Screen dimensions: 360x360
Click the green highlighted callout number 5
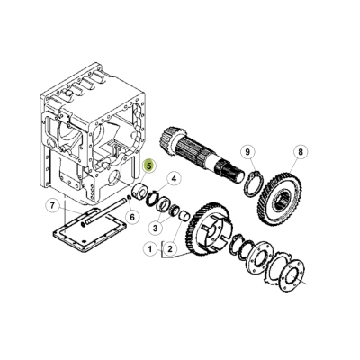tap(149, 166)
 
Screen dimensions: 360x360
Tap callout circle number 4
tap(173, 179)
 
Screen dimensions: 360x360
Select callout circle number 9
tap(247, 152)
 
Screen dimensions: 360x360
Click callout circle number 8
tap(301, 152)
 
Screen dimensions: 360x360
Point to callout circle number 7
tap(52, 206)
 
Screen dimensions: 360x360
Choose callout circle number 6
tap(132, 217)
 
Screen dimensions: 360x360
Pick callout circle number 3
tap(155, 229)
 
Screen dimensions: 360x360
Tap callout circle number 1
tap(150, 249)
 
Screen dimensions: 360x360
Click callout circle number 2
tap(170, 249)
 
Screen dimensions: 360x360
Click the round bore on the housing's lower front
tap(114, 177)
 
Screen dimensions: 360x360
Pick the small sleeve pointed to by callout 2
tap(184, 216)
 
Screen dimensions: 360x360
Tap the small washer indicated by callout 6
tap(129, 196)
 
